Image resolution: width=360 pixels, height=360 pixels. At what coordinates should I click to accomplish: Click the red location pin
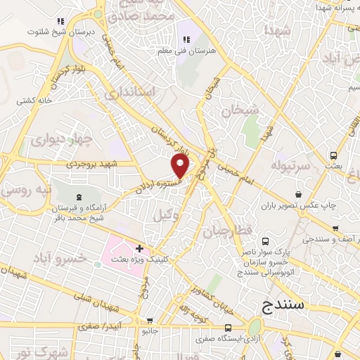[181, 165]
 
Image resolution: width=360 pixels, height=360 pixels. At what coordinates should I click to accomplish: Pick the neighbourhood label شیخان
[240, 110]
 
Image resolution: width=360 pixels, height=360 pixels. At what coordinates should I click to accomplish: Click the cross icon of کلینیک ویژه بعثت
[140, 248]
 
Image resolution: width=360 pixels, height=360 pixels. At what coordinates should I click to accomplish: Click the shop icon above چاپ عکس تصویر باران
[298, 194]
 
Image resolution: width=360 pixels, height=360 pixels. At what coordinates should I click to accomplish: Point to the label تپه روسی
[18, 190]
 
